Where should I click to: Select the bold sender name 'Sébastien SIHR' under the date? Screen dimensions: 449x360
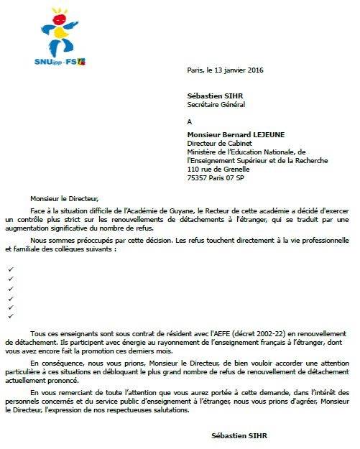[209, 95]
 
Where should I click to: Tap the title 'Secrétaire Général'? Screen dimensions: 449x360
[216, 103]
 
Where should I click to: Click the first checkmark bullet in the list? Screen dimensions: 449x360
[10, 269]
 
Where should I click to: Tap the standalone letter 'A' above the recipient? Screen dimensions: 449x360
[189, 121]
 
